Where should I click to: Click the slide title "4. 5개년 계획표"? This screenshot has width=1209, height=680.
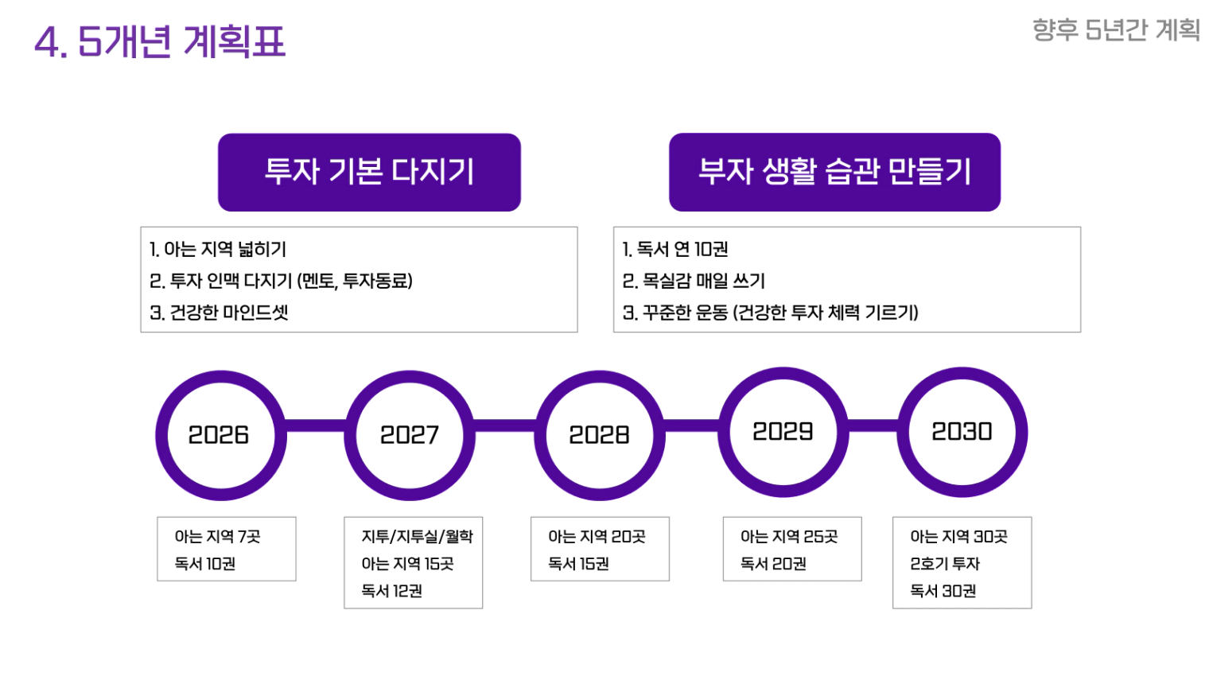click(160, 41)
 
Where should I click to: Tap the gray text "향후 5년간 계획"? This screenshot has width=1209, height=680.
click(1116, 30)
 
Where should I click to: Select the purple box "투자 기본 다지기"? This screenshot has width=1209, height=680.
click(369, 172)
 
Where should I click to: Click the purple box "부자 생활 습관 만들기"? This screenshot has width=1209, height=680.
click(834, 172)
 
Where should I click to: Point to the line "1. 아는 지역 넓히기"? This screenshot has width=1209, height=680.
click(217, 250)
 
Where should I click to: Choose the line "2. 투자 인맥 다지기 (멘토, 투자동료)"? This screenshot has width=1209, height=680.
click(281, 282)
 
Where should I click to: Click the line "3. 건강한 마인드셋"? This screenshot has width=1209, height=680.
click(219, 313)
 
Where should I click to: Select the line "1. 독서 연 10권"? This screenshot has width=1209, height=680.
click(674, 250)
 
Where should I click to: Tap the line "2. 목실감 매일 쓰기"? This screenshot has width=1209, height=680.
click(694, 282)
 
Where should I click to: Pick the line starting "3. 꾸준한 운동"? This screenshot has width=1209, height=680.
click(770, 313)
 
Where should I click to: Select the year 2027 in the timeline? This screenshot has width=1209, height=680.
click(410, 435)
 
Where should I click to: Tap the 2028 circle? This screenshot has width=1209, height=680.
click(540, 435)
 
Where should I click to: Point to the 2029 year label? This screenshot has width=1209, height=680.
click(783, 432)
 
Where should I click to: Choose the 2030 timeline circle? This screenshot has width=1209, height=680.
click(904, 432)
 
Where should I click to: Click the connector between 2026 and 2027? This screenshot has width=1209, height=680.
click(315, 425)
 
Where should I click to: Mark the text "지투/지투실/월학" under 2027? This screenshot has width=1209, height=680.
click(418, 536)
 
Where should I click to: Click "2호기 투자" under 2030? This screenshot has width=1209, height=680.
click(945, 564)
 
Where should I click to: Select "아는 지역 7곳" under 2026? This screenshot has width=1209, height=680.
click(217, 536)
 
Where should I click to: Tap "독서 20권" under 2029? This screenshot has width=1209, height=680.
click(773, 564)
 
